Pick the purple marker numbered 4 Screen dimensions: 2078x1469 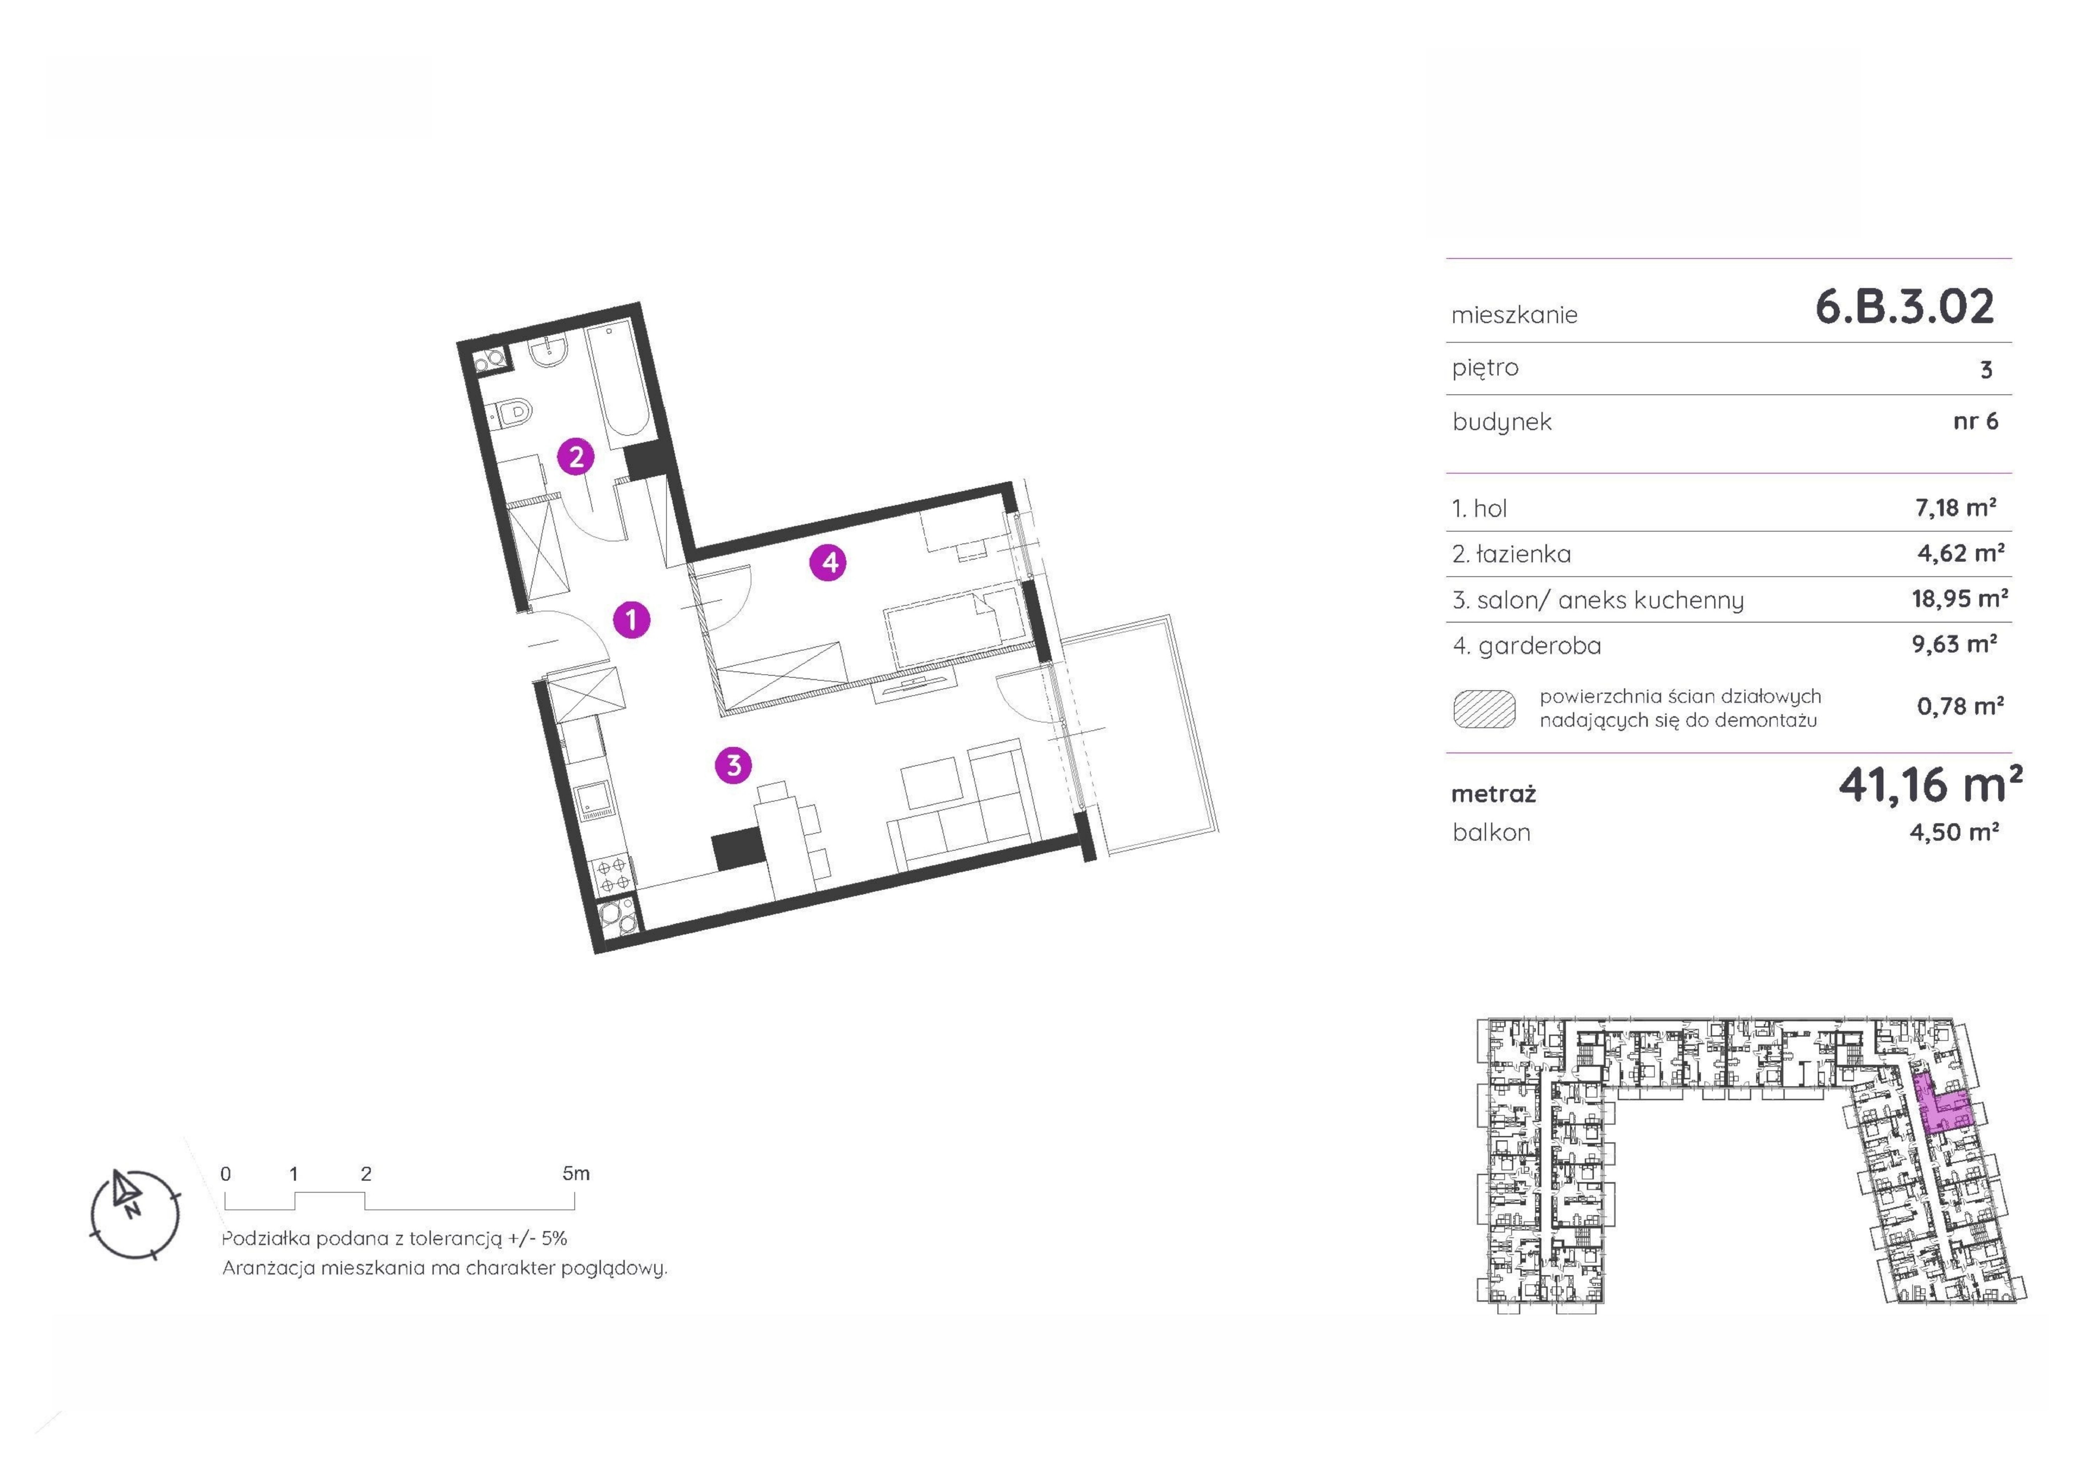[829, 563]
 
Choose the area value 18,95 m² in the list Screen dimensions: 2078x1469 [1959, 598]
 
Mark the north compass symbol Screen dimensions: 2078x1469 [135, 1214]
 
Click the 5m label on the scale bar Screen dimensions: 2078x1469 [576, 1173]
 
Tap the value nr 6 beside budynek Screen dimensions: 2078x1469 [1976, 421]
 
